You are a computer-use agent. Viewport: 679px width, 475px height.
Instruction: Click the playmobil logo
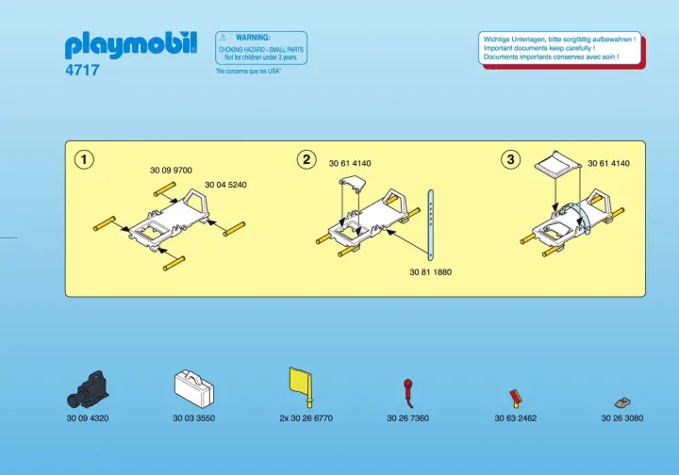pos(131,44)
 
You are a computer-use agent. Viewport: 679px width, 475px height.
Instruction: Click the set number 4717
pos(83,70)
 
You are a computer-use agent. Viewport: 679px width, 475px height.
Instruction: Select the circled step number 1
pos(85,160)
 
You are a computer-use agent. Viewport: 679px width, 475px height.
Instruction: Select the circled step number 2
pos(306,159)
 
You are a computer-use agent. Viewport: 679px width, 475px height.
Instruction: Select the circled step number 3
pos(511,159)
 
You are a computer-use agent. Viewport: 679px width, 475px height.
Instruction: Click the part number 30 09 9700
pos(171,171)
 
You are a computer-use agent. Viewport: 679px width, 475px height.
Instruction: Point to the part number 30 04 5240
pos(225,185)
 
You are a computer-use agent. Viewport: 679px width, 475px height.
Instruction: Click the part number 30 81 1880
pos(431,272)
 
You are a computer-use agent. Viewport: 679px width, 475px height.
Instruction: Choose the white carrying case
pos(194,387)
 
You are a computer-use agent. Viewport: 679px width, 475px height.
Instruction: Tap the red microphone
pos(407,388)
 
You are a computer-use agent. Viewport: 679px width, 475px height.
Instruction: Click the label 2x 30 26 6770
pos(306,418)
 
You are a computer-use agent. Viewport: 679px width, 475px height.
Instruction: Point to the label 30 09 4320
pos(88,418)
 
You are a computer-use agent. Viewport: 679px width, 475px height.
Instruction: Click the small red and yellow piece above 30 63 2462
pos(515,396)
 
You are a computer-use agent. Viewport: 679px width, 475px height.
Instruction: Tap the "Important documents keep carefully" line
pos(539,47)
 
